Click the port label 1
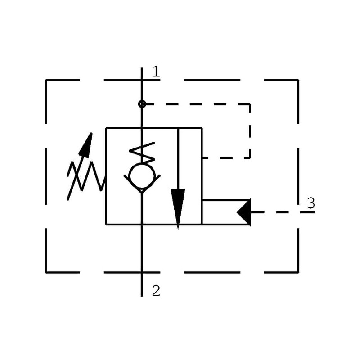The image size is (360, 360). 156,71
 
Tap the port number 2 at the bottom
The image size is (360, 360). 156,291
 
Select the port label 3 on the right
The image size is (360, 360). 310,203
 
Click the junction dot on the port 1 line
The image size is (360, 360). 142,104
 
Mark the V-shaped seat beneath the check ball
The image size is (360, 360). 142,189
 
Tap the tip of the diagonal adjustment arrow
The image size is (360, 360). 91,134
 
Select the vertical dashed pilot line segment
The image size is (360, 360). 250,130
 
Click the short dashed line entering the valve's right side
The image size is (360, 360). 225,158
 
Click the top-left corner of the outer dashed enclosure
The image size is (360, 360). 46,81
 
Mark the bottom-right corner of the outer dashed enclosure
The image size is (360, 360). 298,272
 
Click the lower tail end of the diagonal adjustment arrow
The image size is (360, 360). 68,198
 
